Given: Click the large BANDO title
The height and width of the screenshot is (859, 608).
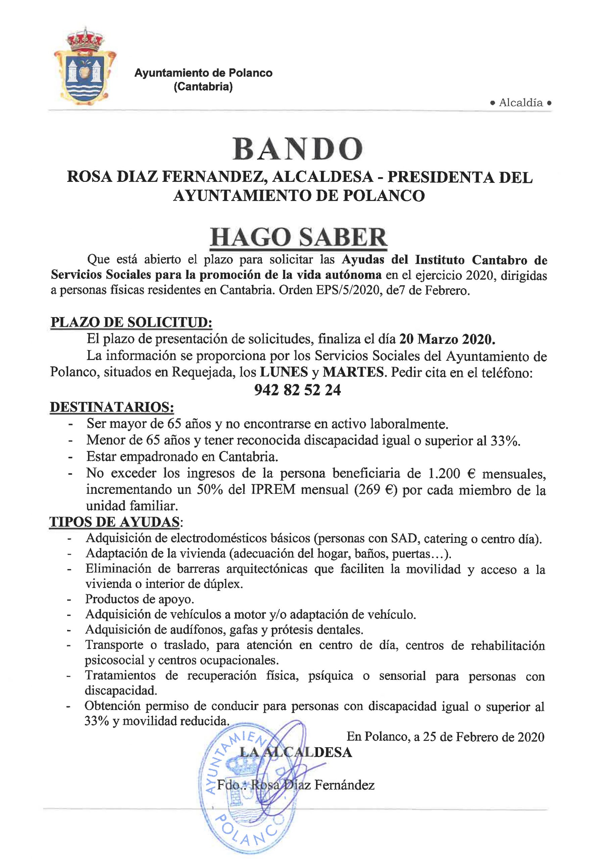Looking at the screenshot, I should [298, 149].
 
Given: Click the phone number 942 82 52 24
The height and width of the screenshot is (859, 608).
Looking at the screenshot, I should [298, 390].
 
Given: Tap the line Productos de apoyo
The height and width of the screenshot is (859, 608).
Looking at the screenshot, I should [139, 599].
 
